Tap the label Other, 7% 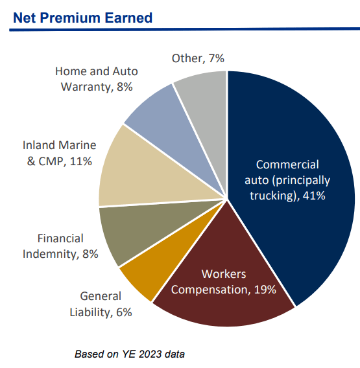[198, 58]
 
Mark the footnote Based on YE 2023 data [130, 354]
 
